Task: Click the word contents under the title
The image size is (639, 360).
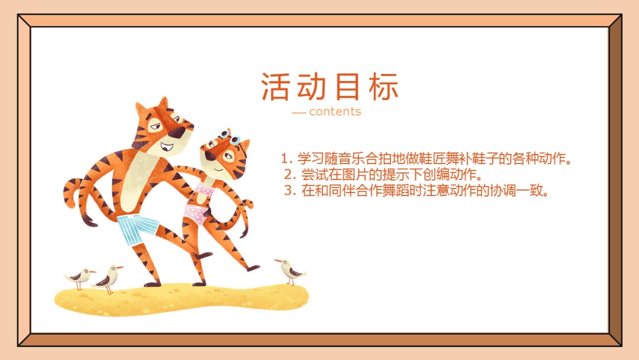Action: (335, 111)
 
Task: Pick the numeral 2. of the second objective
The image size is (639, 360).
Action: (290, 175)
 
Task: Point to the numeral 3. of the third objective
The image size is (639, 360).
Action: (290, 191)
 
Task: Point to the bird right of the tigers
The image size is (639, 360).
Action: (290, 271)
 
